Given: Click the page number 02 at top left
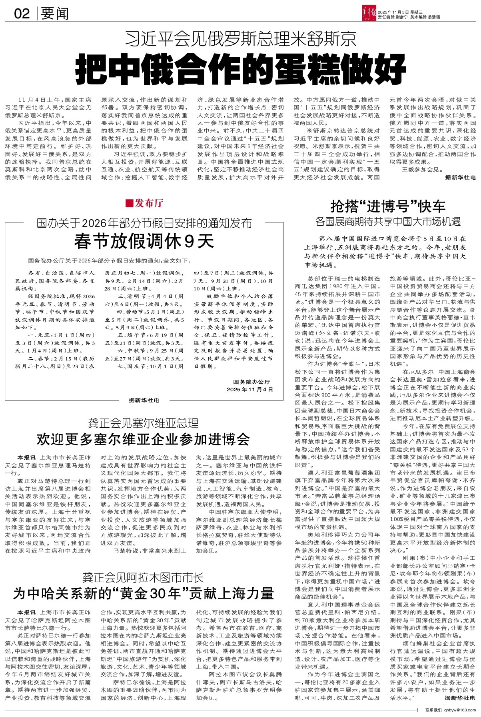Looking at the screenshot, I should tap(22, 14).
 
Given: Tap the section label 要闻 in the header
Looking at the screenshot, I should tap(55, 14).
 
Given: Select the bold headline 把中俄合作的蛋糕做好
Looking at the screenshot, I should tap(240, 69).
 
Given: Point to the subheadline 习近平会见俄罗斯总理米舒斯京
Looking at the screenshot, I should tap(240, 39).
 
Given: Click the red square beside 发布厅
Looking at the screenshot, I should tap(129, 203).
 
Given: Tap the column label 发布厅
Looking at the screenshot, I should tap(149, 203).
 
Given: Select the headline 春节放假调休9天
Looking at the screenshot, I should tap(144, 241).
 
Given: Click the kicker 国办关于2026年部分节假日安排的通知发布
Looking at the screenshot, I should tap(144, 222).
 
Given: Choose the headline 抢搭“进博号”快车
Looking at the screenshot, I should tap(388, 206).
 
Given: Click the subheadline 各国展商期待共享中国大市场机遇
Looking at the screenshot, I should tap(388, 221).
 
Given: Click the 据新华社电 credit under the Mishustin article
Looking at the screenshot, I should tap(460, 177).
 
